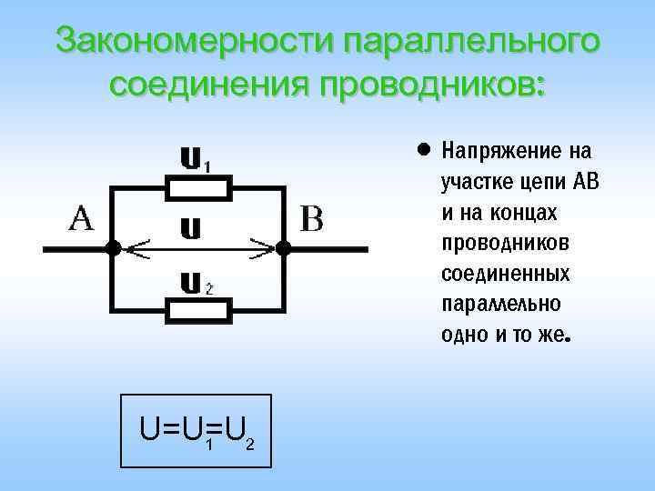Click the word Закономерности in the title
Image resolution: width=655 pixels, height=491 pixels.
coord(195,41)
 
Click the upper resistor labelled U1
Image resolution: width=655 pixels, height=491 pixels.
coord(196,189)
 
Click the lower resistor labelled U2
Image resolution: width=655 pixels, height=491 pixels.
coord(196,309)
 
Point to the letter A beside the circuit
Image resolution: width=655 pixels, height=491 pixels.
coord(82,219)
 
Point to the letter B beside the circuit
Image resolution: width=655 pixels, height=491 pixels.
coord(311,219)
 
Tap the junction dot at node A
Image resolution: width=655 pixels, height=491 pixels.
coord(111,247)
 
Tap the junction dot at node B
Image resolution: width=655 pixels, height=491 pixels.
coord(283,247)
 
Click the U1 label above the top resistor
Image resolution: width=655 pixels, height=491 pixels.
coord(195,160)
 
